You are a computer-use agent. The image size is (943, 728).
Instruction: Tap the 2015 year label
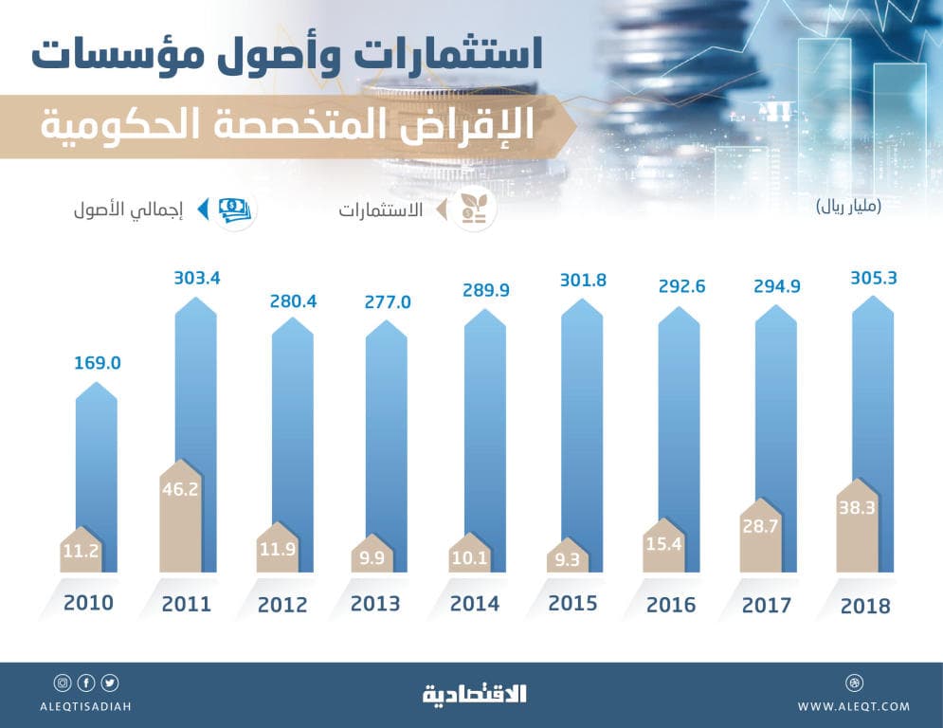point(572,604)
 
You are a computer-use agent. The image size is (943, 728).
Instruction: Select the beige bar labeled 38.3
point(859,531)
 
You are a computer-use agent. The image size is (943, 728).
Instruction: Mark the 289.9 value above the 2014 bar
point(484,291)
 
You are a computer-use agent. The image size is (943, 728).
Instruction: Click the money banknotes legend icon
point(234,210)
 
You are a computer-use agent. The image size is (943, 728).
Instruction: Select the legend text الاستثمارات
point(380,210)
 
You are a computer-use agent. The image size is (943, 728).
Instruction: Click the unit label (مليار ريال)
point(848,208)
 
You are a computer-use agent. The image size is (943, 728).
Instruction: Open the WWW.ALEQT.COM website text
point(853,706)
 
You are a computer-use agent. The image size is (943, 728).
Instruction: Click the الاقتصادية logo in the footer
point(473,694)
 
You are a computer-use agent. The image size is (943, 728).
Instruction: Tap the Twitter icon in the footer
point(110,682)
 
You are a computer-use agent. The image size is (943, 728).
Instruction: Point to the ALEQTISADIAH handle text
point(86,706)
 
